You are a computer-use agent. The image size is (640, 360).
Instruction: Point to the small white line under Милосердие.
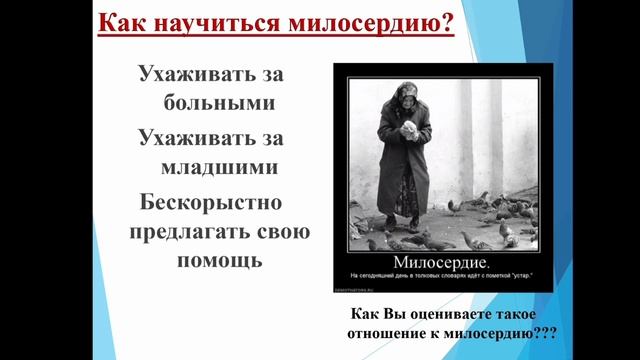point(441,275)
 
